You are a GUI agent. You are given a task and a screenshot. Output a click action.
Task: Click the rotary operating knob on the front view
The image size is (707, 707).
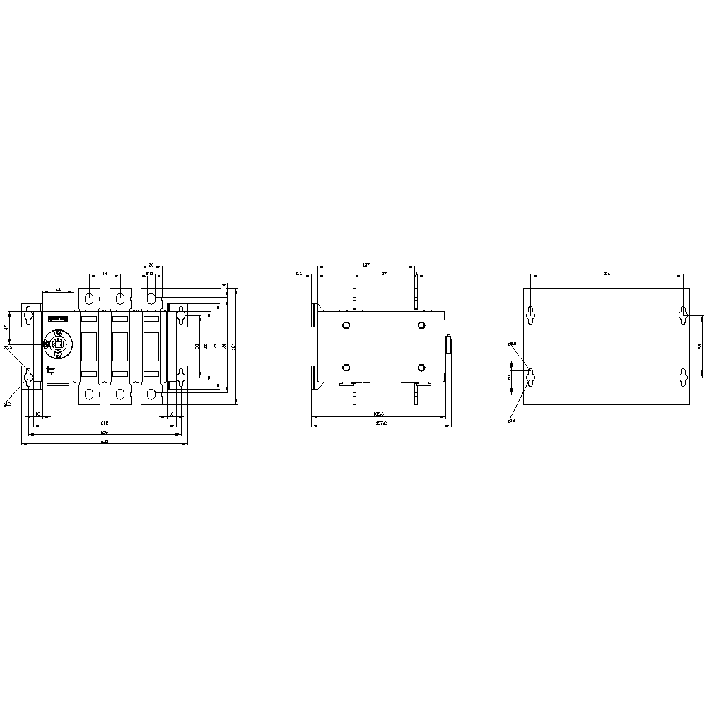(x=57, y=344)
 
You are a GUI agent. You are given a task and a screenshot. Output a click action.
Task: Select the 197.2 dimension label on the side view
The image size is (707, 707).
(x=382, y=423)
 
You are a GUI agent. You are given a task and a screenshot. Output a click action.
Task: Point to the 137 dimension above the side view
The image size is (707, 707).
(x=366, y=264)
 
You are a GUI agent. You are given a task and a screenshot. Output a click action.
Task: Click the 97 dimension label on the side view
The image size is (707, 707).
(x=383, y=273)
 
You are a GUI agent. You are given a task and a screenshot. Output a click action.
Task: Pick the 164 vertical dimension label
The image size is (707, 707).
(x=234, y=345)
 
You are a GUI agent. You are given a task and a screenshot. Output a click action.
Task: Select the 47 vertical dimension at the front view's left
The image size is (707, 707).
(x=6, y=327)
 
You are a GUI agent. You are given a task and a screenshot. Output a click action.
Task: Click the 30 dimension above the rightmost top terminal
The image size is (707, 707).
(x=151, y=264)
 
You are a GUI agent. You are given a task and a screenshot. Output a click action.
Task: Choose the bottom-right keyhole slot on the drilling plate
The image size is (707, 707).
(x=683, y=378)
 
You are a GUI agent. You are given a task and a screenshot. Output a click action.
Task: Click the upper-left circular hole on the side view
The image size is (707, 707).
(x=346, y=325)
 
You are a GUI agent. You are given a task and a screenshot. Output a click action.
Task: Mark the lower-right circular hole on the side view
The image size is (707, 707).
(x=421, y=368)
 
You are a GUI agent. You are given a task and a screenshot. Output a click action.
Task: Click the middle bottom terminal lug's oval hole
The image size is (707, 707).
(x=120, y=393)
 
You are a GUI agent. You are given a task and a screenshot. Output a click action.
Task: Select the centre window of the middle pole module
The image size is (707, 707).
(x=120, y=346)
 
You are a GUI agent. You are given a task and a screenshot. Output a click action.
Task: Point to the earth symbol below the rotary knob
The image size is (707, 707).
(x=52, y=370)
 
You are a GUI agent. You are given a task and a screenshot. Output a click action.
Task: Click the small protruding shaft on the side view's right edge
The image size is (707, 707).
(x=448, y=345)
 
